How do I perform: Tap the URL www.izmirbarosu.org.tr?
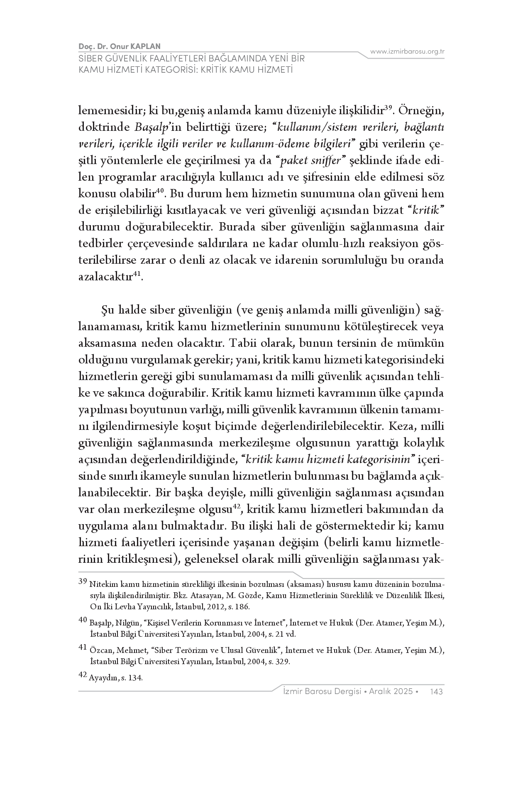click(x=407, y=52)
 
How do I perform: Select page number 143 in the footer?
click(x=437, y=692)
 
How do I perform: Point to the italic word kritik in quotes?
click(x=427, y=211)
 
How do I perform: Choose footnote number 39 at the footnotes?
click(x=83, y=581)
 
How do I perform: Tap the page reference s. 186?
click(x=237, y=607)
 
